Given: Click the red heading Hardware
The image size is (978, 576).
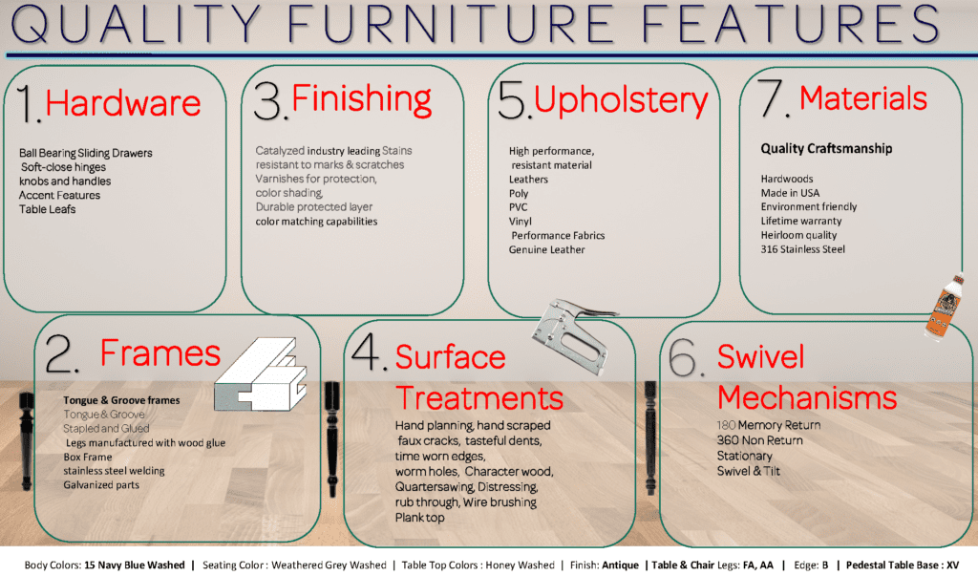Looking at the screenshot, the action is tap(123, 103).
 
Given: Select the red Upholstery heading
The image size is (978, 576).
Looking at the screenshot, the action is tap(621, 101).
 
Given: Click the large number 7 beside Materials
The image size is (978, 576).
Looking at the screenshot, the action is tap(773, 98).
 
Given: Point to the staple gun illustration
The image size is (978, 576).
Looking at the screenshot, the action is tap(573, 334).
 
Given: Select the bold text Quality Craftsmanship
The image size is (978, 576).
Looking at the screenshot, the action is tap(826, 148).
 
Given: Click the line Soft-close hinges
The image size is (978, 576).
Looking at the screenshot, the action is tap(64, 167).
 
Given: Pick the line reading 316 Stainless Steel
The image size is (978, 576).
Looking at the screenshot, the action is tap(802, 249).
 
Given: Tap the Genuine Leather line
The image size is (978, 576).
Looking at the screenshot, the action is tap(547, 249).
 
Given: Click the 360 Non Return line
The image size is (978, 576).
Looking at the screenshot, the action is tap(759, 440).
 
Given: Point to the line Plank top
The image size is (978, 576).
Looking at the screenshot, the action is tap(420, 518).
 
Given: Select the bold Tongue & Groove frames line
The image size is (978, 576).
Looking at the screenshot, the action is tap(121, 400).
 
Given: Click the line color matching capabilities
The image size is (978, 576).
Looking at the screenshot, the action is tap(316, 222).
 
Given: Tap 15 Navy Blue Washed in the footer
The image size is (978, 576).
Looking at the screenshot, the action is tap(135, 565).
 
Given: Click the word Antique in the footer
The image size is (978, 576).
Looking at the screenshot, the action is tap(620, 565).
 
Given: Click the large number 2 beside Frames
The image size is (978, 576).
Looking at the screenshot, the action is tap(62, 353).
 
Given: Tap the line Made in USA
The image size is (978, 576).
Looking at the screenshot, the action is tap(790, 193).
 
